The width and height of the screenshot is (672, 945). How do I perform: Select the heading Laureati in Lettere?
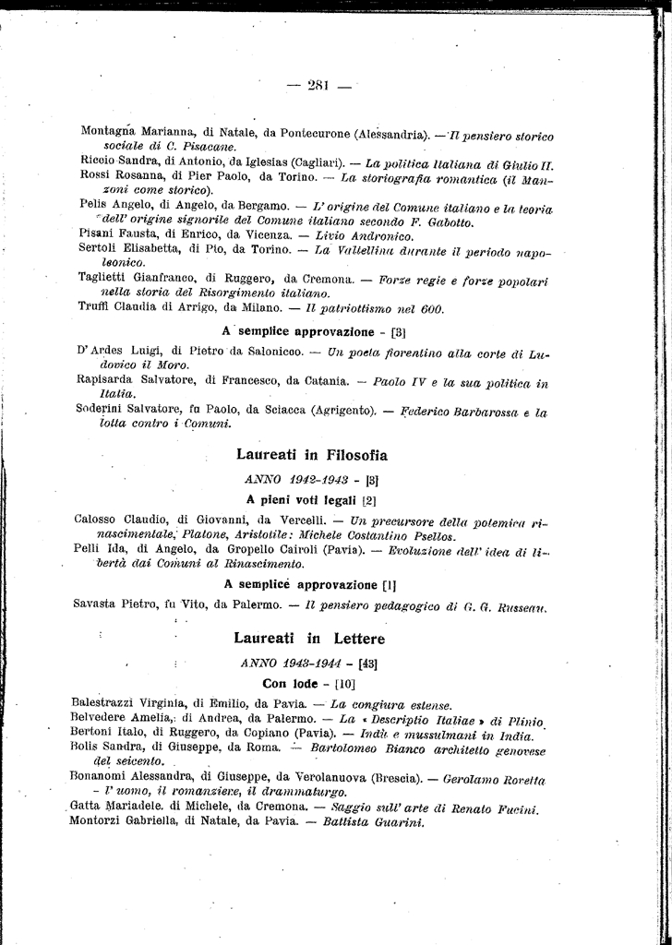(309, 638)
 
